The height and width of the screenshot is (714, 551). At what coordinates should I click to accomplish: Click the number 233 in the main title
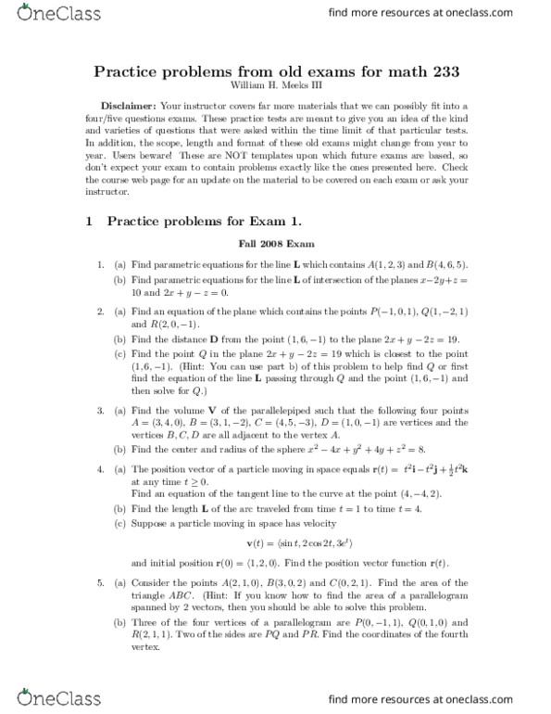coord(435,72)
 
